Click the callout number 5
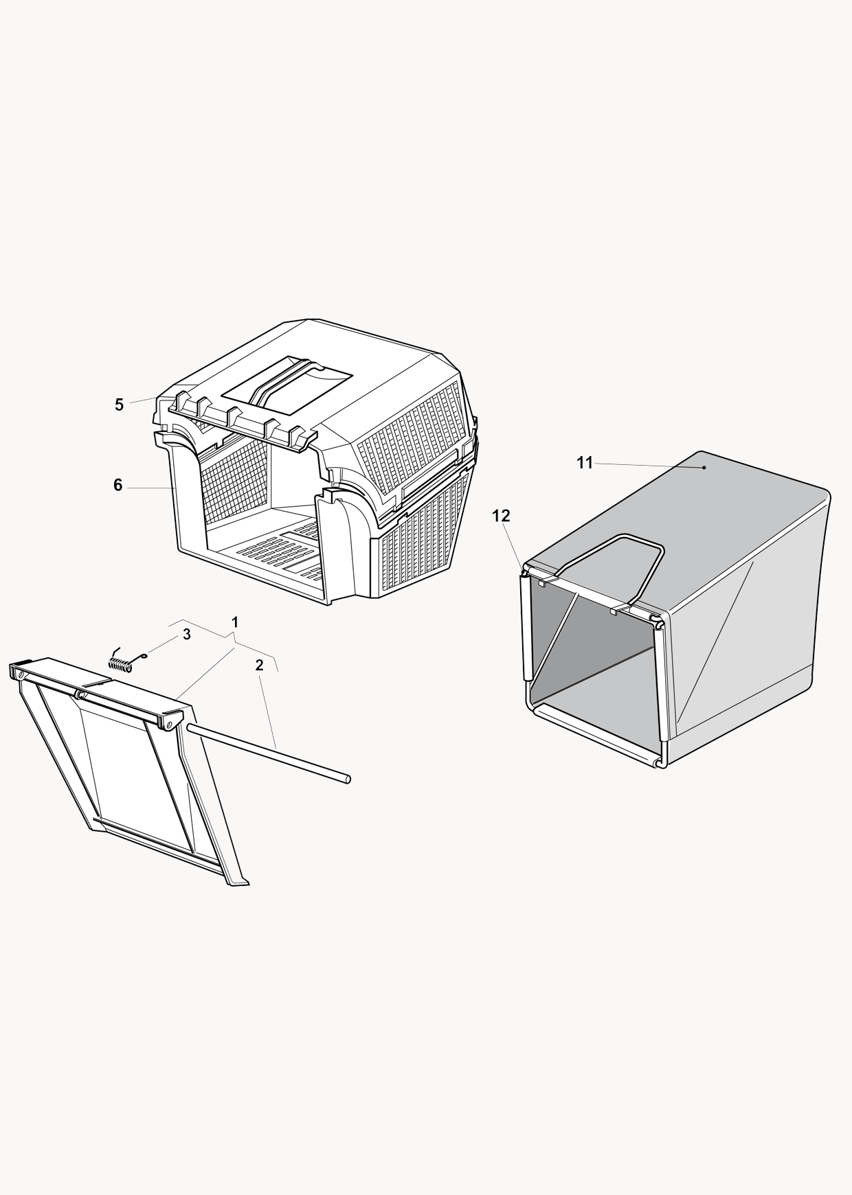119,405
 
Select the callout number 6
117,486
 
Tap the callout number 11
585,463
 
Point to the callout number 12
502,516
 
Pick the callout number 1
235,622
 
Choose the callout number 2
259,665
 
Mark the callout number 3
186,635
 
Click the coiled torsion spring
128,661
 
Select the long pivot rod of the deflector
268,753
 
